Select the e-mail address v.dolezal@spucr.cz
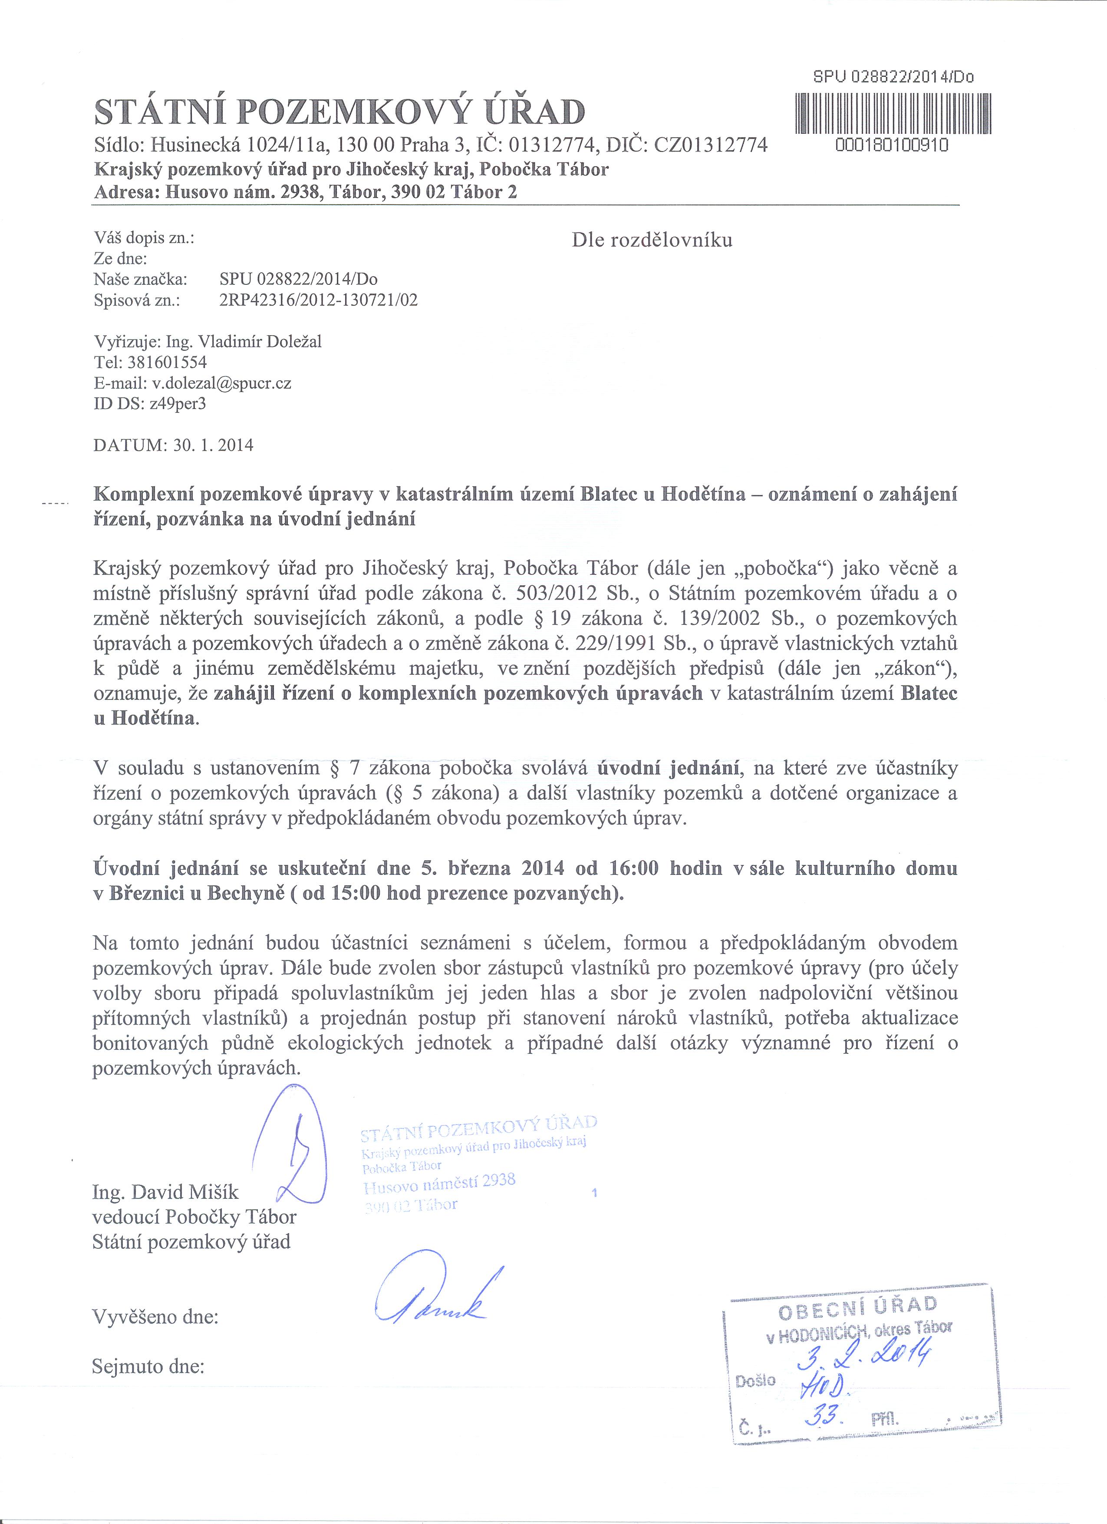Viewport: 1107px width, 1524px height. pos(221,383)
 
